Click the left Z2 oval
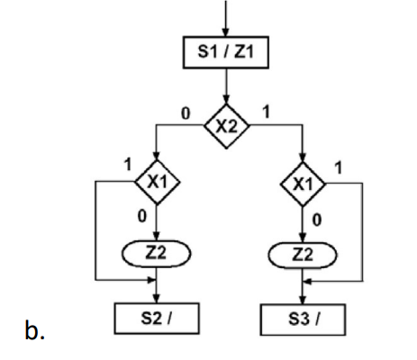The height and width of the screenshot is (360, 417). [158, 254]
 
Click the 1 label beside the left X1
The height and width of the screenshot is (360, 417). [127, 167]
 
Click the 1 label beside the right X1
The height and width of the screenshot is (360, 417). [338, 167]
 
